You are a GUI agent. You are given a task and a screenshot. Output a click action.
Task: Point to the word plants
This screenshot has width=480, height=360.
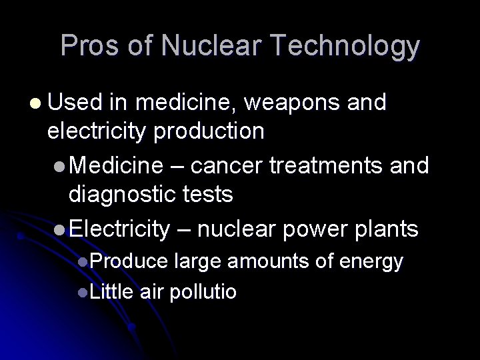tap(387, 230)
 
